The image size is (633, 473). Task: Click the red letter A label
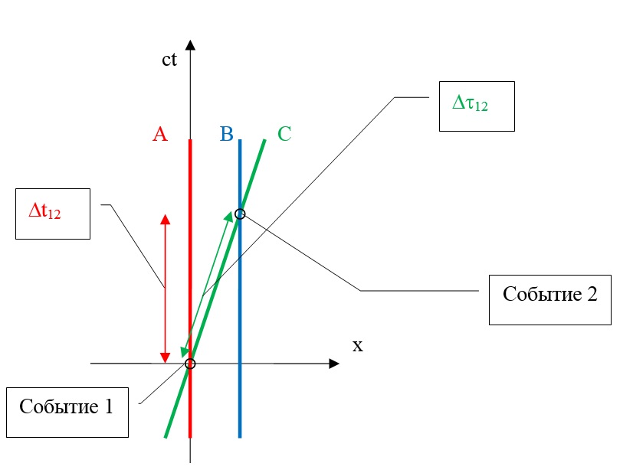tap(159, 135)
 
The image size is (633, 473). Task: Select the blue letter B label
tap(226, 135)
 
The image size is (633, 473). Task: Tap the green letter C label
tap(284, 135)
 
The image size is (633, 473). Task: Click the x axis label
tap(357, 345)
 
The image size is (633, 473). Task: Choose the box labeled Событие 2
tap(549, 300)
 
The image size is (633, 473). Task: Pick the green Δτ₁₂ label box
tap(475, 106)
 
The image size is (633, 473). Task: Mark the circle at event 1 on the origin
tap(190, 364)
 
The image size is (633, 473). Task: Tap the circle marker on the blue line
tap(240, 214)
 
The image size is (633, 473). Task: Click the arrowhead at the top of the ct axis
tap(190, 45)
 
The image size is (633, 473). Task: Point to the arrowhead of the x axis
tap(333, 364)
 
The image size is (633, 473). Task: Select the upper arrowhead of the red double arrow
tap(165, 219)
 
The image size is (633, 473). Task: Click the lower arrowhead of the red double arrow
tap(165, 358)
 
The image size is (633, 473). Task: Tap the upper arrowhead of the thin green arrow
tap(230, 216)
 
